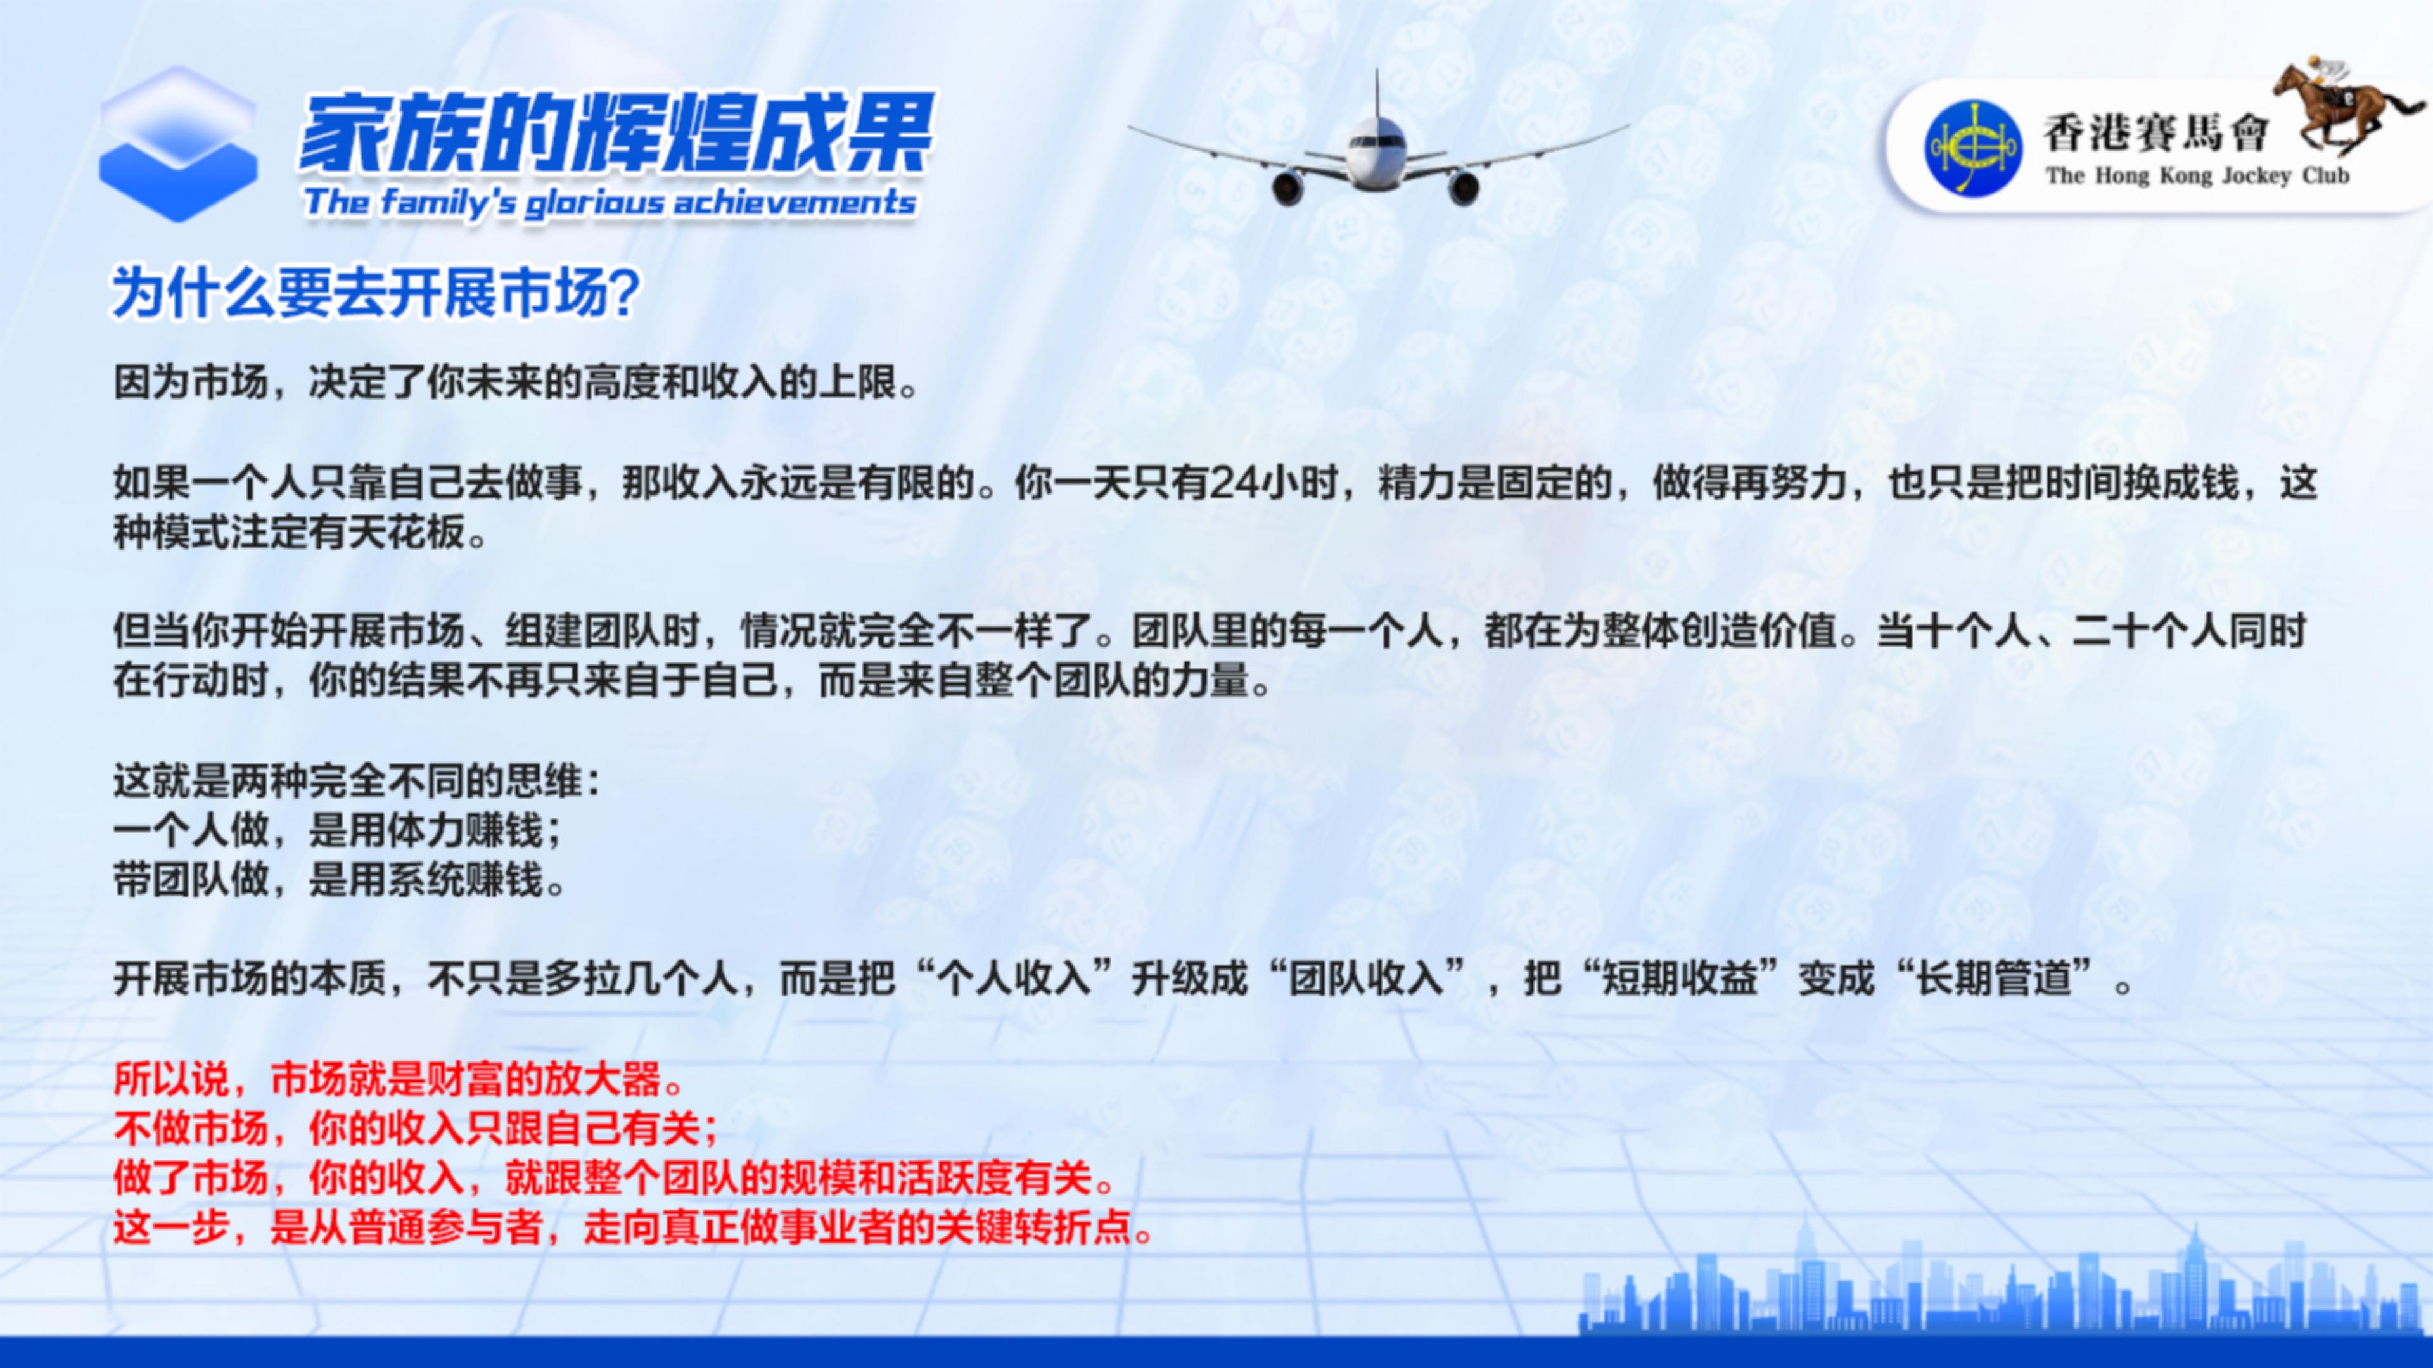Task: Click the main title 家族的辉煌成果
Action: click(616, 132)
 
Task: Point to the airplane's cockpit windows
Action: click(1375, 141)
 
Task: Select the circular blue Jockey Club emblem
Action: click(1972, 148)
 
